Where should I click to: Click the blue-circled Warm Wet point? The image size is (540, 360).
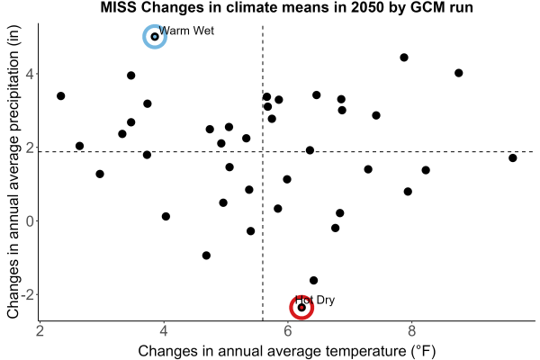pyautogui.click(x=155, y=37)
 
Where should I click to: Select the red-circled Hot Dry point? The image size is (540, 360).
pyautogui.click(x=301, y=307)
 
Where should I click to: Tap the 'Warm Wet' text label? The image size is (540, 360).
pyautogui.click(x=186, y=31)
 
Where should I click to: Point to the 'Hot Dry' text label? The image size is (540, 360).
pyautogui.click(x=315, y=300)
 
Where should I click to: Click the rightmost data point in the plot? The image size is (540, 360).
pyautogui.click(x=513, y=158)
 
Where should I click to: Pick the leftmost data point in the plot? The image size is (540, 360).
pyautogui.click(x=61, y=95)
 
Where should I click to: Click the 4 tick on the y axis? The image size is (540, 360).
pyautogui.click(x=30, y=74)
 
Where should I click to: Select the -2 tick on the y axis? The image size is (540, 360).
pyautogui.click(x=28, y=294)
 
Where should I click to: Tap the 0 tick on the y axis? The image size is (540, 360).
pyautogui.click(x=30, y=220)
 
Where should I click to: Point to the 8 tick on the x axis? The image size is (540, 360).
pyautogui.click(x=411, y=331)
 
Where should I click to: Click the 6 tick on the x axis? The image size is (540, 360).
pyautogui.click(x=288, y=331)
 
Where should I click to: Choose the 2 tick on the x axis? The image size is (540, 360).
pyautogui.click(x=40, y=331)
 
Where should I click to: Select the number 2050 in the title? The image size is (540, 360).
pyautogui.click(x=367, y=7)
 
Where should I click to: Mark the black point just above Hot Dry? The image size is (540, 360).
pyautogui.click(x=314, y=281)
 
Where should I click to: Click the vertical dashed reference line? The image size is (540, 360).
pyautogui.click(x=263, y=173)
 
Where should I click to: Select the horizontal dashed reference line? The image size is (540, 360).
pyautogui.click(x=286, y=151)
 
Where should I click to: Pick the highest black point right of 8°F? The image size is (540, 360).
pyautogui.click(x=458, y=73)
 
